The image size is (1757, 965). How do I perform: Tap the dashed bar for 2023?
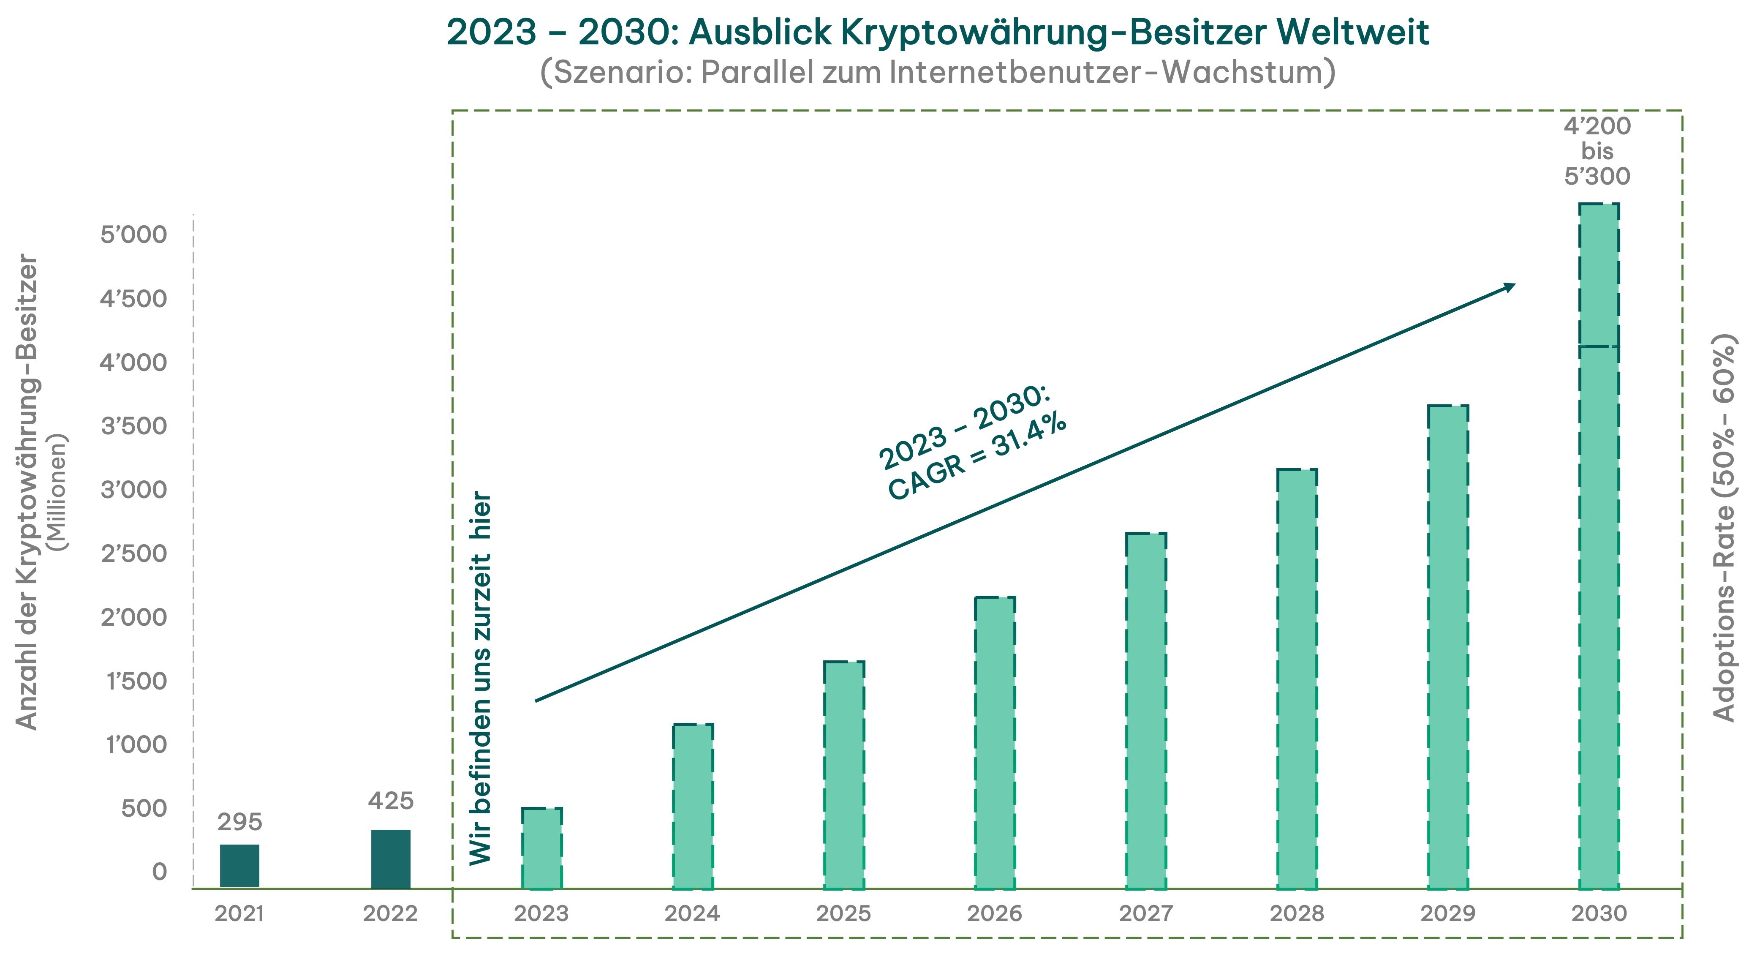(541, 848)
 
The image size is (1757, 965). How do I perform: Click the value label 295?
(239, 822)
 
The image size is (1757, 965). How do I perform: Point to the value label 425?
(391, 801)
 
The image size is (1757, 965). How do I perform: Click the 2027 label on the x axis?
(1146, 913)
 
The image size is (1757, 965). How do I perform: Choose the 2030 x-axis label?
(1599, 913)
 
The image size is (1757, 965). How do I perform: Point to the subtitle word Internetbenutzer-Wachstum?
(1111, 72)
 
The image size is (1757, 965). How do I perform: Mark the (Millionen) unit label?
(59, 491)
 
